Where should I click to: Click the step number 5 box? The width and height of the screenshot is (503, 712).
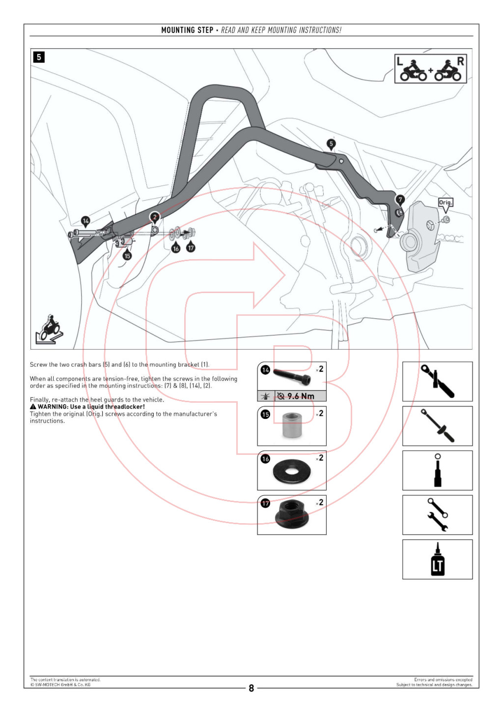point(39,57)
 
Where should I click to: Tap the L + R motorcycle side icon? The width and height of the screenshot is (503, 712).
point(430,69)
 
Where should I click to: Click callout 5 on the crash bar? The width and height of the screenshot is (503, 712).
point(331,144)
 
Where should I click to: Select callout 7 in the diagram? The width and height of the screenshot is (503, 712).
point(400,200)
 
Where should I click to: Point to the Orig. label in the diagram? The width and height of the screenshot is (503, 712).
point(445,203)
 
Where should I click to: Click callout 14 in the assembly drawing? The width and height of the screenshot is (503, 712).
point(86,221)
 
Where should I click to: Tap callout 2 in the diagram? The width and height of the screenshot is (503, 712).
point(155,217)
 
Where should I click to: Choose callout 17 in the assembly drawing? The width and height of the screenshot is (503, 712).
point(191,248)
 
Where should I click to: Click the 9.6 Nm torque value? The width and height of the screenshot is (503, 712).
point(301,396)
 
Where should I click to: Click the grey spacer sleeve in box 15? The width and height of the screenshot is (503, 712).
point(292,426)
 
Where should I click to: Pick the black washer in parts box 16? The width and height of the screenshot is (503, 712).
point(292,471)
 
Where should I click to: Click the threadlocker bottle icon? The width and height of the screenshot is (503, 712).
point(437,560)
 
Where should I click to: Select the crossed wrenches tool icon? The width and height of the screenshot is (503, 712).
point(437,515)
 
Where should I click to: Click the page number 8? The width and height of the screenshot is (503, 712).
point(251,688)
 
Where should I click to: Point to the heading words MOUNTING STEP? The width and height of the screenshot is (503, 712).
point(187,30)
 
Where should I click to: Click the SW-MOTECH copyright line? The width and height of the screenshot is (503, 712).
point(60,684)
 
